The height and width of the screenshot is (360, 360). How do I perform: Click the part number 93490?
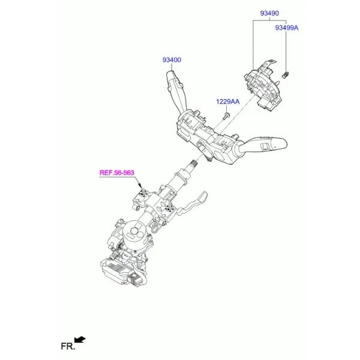269,13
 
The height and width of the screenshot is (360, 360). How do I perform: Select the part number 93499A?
287,28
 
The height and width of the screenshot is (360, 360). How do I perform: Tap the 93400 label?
172,60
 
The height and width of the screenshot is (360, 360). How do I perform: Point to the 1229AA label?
227,101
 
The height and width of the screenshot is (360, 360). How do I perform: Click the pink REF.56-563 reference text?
116,173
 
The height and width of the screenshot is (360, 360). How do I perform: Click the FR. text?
68,346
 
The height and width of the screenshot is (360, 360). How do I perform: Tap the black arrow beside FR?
80,340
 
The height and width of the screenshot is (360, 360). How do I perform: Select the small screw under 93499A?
285,75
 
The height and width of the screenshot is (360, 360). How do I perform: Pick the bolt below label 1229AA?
226,116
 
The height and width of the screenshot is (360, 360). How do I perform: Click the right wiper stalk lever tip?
283,143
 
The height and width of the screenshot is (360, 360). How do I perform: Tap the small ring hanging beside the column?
155,229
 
